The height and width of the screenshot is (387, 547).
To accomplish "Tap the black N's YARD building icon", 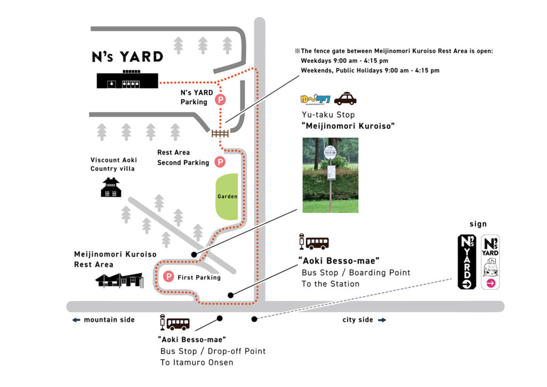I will (128, 80).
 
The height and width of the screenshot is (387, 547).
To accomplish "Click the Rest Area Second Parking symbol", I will (220, 161).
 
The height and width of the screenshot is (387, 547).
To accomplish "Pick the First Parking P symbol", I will (169, 277).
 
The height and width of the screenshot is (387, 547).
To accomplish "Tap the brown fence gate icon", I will (220, 133).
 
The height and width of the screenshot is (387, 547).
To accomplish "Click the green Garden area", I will (226, 196).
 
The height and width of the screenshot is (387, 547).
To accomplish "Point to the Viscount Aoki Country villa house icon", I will (111, 188).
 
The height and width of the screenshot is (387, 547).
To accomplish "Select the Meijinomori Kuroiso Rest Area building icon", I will (119, 280).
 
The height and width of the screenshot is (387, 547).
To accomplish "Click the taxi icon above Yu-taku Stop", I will (345, 99).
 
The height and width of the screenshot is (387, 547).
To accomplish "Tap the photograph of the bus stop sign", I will (330, 175).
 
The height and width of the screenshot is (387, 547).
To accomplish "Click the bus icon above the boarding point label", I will (315, 243).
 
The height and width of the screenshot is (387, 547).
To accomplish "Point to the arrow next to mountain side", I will (76, 320).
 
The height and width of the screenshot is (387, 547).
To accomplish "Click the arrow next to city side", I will (382, 320).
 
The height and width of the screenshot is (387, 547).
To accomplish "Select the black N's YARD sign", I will (467, 262).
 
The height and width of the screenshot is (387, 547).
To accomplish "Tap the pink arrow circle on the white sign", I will (490, 284).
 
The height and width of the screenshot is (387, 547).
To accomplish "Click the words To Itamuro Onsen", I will (197, 362).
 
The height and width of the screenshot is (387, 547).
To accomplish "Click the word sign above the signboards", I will (478, 225).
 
